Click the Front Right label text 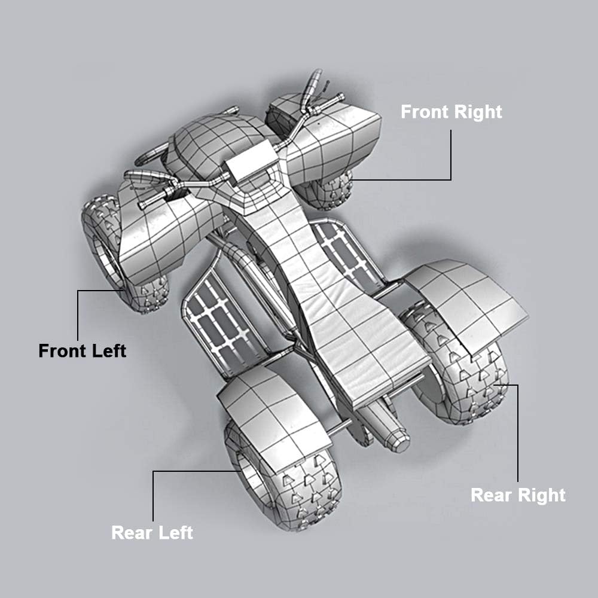click(x=451, y=112)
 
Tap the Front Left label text click(x=83, y=351)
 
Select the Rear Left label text click(x=152, y=533)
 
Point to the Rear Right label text click(x=518, y=495)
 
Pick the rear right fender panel click(x=466, y=305)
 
